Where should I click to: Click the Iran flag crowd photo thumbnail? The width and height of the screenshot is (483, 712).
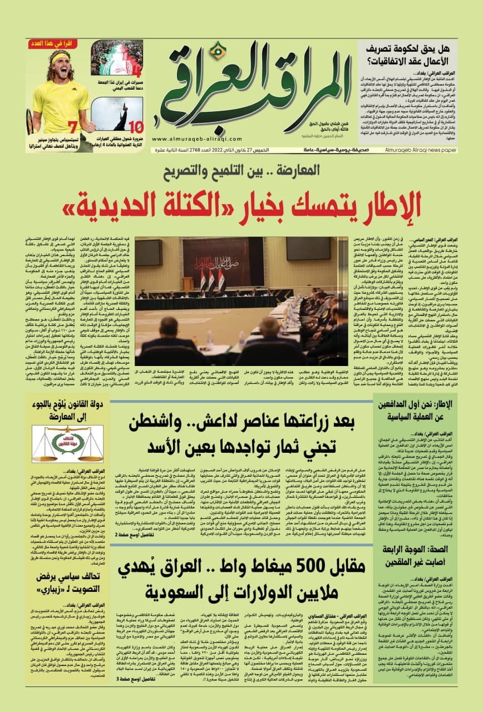click(x=116, y=58)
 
